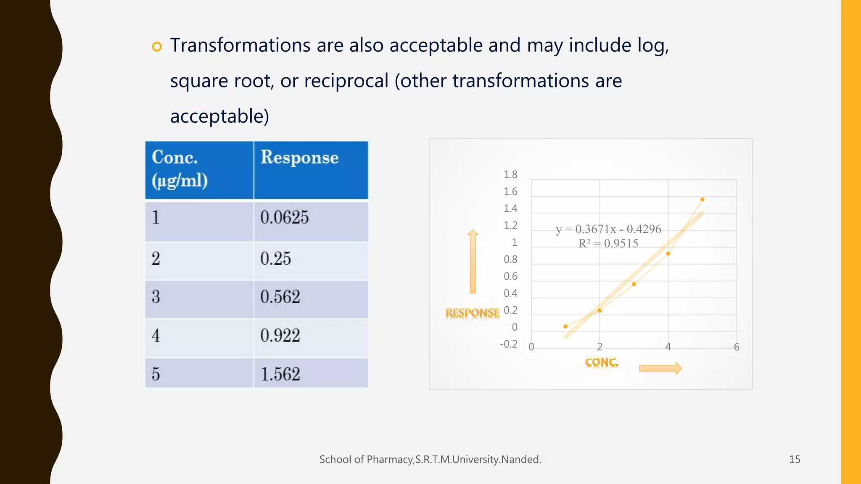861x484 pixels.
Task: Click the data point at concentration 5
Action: point(702,200)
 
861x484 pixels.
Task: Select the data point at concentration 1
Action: point(565,326)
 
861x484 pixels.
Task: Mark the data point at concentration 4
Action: point(668,254)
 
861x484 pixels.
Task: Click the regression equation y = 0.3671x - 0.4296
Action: point(608,229)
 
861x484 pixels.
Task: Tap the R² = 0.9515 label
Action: point(608,244)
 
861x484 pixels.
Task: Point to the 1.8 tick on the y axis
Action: point(510,175)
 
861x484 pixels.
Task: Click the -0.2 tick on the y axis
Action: point(508,345)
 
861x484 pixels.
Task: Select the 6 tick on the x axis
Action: point(737,347)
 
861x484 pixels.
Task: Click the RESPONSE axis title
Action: point(473,313)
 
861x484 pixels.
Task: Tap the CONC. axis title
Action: point(602,362)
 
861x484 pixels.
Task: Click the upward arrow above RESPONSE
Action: point(473,260)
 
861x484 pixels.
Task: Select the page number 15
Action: point(795,460)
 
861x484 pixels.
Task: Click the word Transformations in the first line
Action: point(240,45)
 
